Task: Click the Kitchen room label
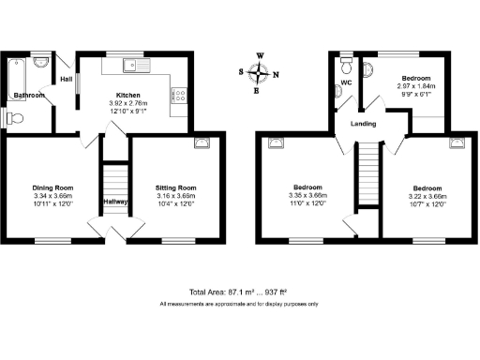point(127,96)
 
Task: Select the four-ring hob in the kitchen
point(178,95)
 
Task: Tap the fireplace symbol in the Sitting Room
point(202,142)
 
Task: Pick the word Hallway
point(115,201)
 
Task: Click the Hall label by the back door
point(67,80)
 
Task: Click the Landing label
point(365,124)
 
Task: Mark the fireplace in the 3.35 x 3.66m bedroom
point(276,142)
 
